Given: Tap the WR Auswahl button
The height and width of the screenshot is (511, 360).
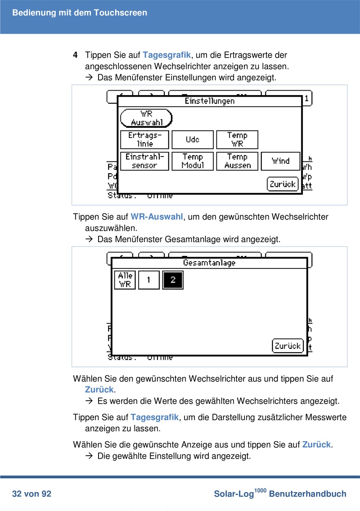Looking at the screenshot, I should point(146,118).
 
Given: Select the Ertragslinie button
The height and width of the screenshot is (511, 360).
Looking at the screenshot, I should point(144,140).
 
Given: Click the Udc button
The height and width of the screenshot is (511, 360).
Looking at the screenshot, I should point(193,140).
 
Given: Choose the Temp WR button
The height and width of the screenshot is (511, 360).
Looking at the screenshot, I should point(237,140).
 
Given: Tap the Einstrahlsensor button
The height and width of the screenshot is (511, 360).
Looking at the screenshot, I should point(144,161).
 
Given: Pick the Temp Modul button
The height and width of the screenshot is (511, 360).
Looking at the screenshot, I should point(193,161).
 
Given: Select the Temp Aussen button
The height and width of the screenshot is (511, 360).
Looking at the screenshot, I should point(237,161).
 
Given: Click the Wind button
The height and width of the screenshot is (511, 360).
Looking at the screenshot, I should point(280,161).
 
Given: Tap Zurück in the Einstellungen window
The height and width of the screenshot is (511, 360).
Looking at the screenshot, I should point(283,184).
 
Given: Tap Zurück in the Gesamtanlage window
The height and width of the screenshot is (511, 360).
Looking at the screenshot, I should point(288,346).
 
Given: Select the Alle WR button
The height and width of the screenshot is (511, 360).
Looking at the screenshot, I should point(125,280).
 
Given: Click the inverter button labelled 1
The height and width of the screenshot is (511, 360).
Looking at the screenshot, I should point(149,280).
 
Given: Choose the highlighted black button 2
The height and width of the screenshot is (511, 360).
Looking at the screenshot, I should point(173,280).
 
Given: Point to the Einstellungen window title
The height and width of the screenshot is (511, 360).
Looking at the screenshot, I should point(210,101).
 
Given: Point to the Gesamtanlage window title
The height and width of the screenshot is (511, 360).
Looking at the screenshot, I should point(209,263).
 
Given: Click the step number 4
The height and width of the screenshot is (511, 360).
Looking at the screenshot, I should point(75,55).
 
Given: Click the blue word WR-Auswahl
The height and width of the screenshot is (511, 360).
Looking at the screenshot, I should point(157,217).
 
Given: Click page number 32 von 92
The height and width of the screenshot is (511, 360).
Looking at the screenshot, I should point(32,494).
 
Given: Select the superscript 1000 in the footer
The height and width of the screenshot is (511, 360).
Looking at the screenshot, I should point(260,491).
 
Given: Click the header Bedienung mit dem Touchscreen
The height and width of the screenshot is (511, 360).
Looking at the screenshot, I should point(80,13).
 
